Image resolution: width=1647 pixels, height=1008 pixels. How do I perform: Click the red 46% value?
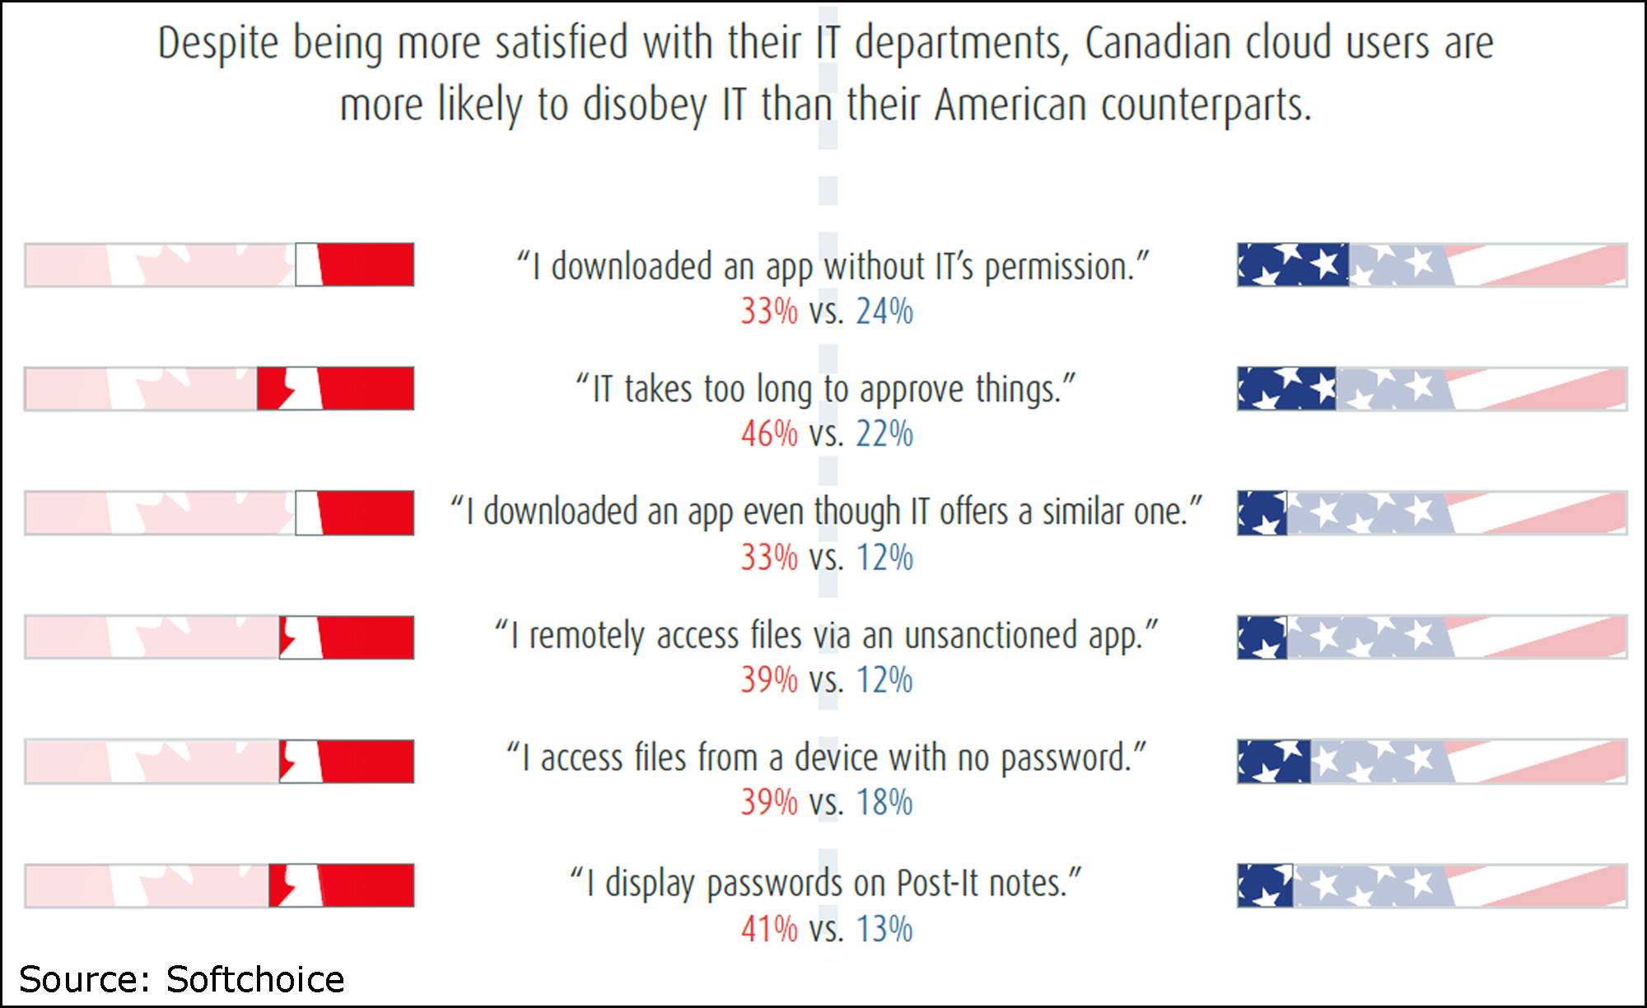(x=769, y=434)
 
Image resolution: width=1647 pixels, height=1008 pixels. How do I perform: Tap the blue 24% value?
(x=884, y=312)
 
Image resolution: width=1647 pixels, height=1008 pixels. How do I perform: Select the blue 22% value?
(x=884, y=434)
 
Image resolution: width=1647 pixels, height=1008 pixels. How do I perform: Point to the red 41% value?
(x=769, y=929)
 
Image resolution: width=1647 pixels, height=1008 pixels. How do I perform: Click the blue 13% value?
(x=884, y=929)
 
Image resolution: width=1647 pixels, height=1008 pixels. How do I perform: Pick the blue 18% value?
(x=884, y=803)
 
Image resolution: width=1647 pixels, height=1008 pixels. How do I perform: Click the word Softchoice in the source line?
(x=255, y=980)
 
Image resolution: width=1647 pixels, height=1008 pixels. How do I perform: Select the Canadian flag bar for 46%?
(x=219, y=389)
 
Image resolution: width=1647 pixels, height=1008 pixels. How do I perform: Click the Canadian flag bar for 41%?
(x=219, y=885)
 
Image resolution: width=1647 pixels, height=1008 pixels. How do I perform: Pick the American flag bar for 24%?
(x=1432, y=265)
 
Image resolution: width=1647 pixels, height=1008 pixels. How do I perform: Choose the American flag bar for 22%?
(x=1432, y=389)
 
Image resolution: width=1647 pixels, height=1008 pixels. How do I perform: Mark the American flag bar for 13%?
(x=1432, y=885)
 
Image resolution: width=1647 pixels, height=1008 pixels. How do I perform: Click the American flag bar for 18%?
(x=1432, y=761)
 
